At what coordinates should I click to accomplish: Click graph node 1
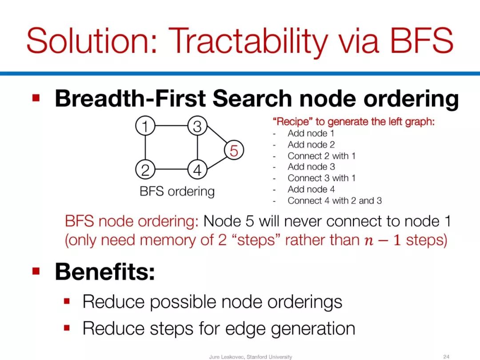tap(145, 126)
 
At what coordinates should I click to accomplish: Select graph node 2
tap(145, 169)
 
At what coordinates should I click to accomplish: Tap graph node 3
tap(197, 126)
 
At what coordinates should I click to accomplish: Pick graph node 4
tap(197, 169)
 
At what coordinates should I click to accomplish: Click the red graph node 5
tap(234, 150)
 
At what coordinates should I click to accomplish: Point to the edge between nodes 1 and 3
tap(172, 126)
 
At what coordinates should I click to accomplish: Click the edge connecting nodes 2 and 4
tap(172, 169)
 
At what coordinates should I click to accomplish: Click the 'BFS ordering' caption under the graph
tap(177, 192)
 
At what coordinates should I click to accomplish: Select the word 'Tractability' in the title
tap(248, 41)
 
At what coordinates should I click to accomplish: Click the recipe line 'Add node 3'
tap(311, 167)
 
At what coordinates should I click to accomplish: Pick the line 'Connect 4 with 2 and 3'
tap(335, 201)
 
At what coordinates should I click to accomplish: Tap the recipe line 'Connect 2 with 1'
tap(321, 156)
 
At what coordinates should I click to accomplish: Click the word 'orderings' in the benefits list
tap(305, 303)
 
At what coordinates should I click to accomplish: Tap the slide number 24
tap(446, 356)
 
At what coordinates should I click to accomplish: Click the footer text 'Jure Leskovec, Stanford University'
tap(250, 357)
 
